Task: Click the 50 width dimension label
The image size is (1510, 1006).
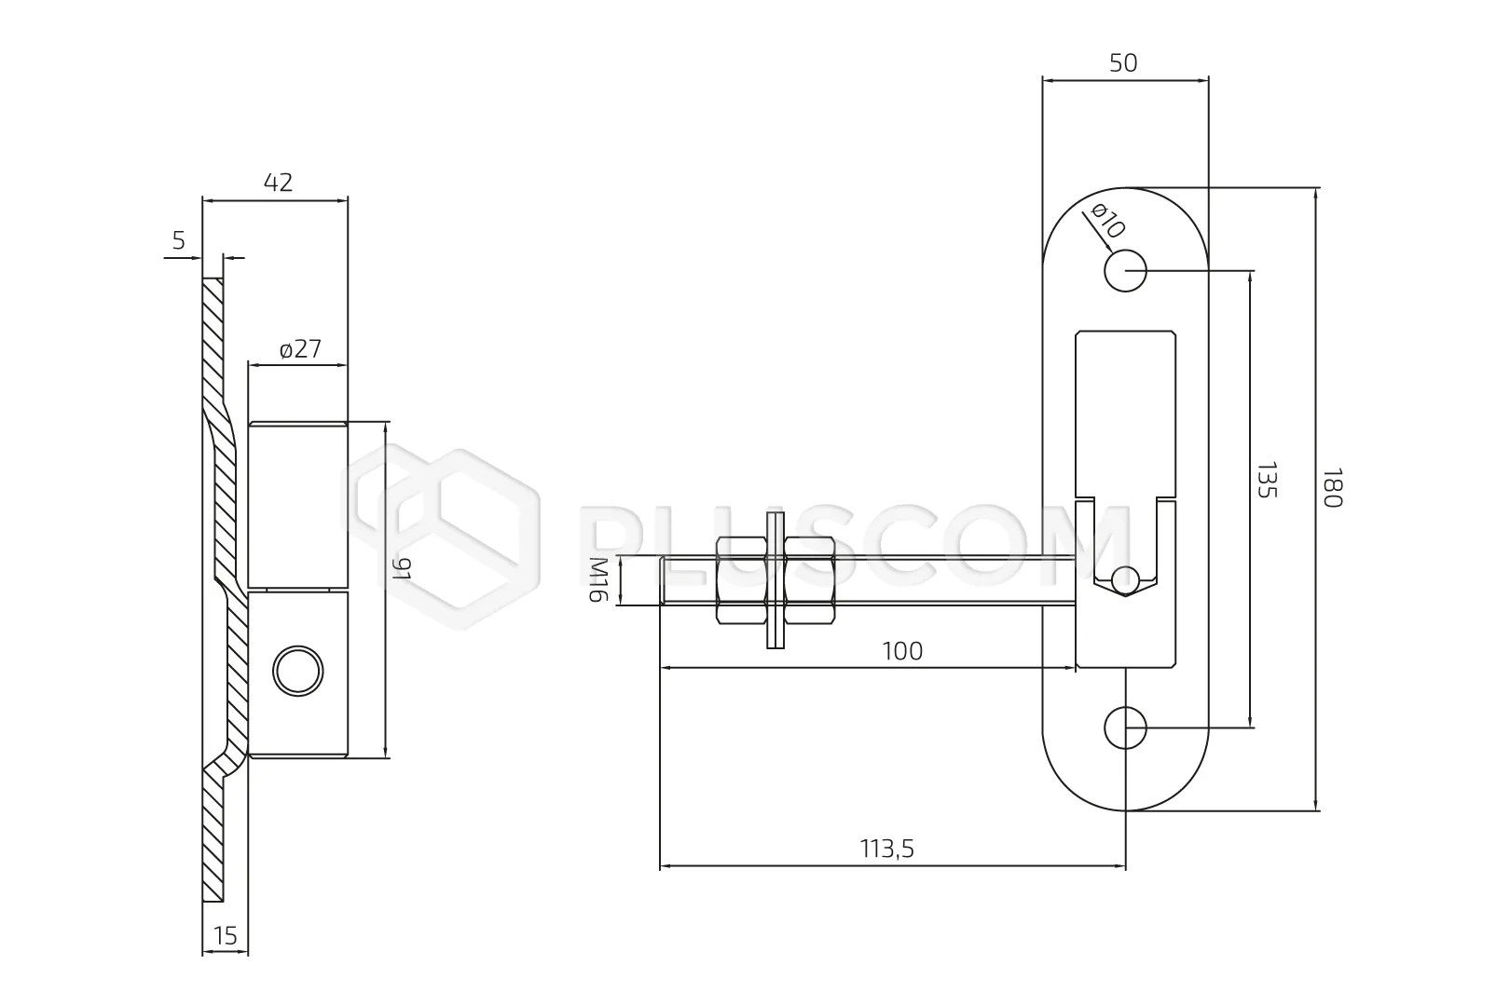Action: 1123,63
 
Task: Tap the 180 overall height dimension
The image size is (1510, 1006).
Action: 1333,488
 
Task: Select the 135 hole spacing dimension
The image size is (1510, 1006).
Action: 1268,480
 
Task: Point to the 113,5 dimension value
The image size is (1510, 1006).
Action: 887,849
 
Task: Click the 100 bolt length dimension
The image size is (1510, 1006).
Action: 902,651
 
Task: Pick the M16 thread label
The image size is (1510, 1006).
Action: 598,580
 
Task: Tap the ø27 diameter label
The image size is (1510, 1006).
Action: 300,349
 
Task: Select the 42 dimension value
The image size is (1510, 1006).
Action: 278,183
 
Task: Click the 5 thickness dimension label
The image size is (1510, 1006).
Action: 178,240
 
